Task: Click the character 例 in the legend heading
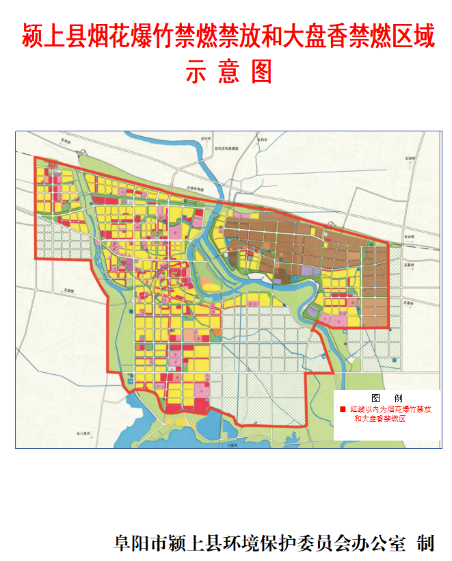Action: (398, 397)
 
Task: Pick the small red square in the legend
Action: (343, 408)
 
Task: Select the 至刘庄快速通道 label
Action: (225, 147)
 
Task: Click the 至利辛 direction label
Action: (258, 139)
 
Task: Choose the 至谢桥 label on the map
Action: (411, 159)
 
